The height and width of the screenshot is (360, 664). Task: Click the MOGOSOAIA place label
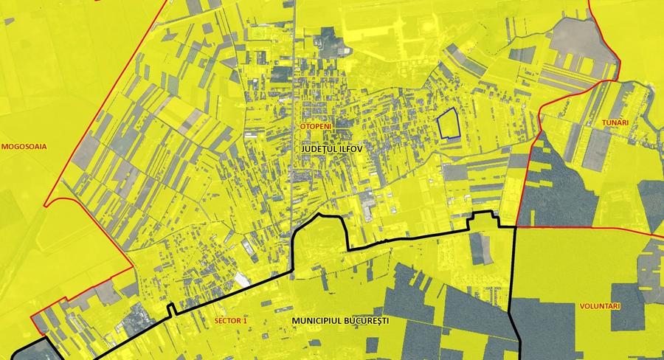tap(24, 146)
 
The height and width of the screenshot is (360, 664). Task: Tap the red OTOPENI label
tap(315, 127)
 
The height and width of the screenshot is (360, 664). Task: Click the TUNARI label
tap(615, 122)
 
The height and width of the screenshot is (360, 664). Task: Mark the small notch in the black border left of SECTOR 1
tap(172, 311)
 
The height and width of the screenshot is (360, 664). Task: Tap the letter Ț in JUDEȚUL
tap(328, 149)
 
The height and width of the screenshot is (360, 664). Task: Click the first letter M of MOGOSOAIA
tap(4, 146)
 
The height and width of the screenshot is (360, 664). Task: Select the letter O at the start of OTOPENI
tap(302, 127)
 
